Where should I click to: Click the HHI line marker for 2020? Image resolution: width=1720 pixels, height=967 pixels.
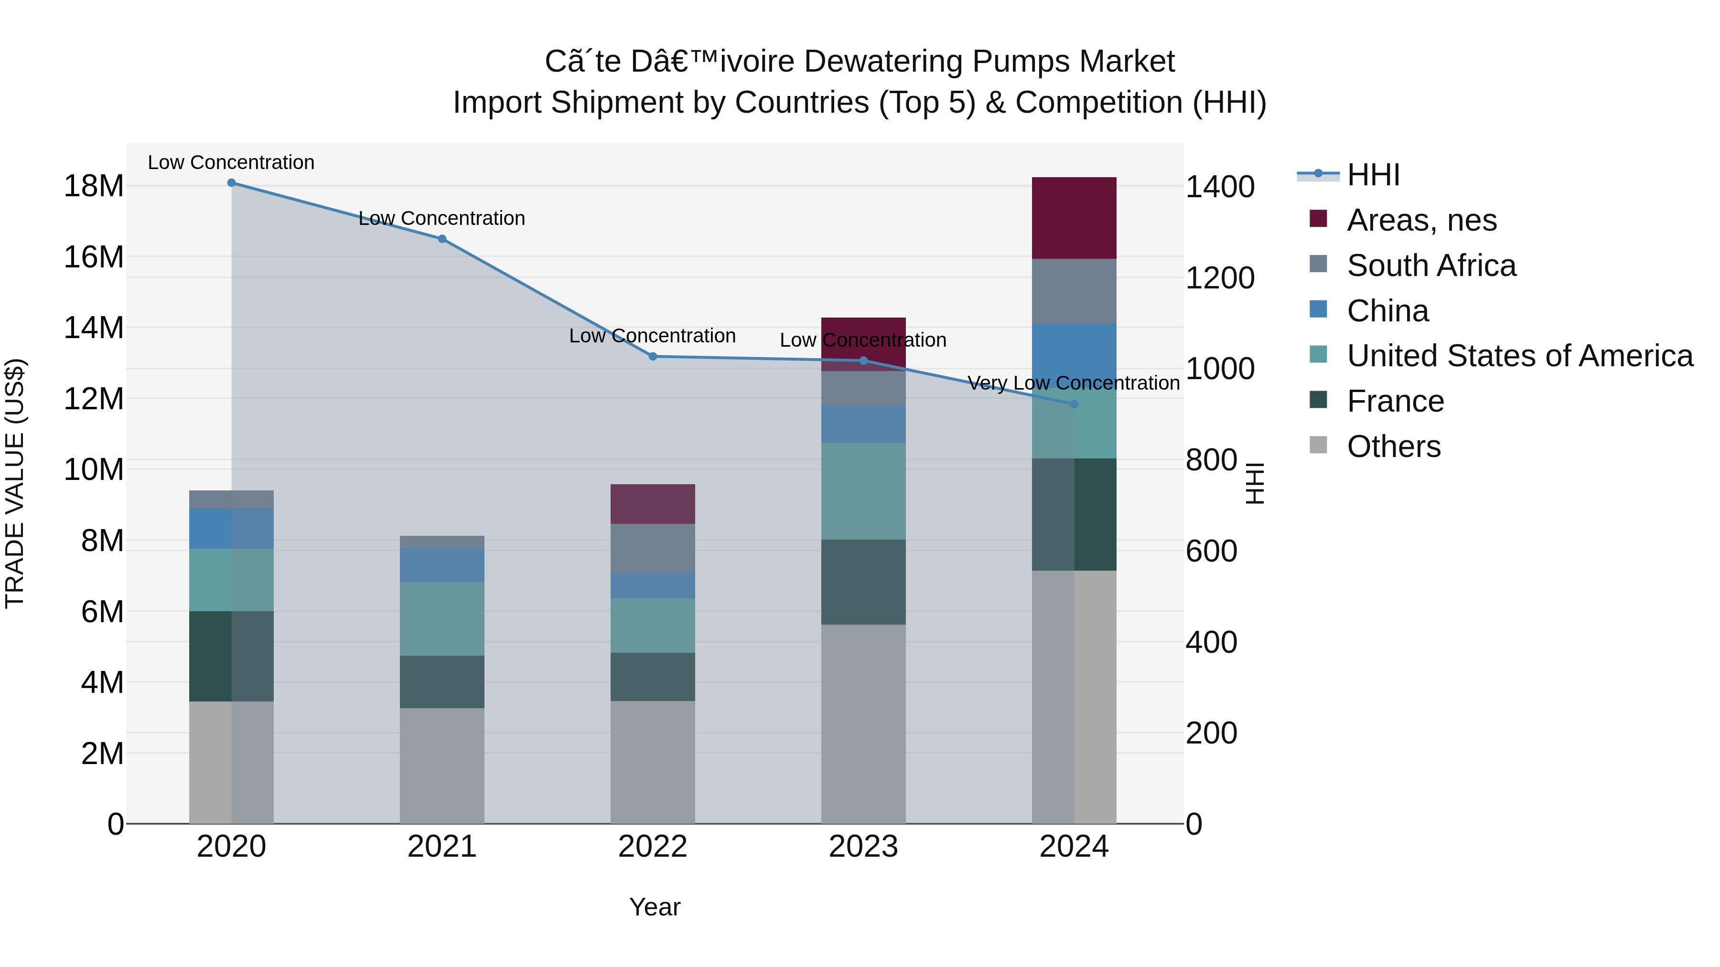(231, 183)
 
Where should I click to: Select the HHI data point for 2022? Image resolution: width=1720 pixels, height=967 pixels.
(653, 356)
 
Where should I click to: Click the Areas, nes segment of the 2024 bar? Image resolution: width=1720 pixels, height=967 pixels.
(1074, 218)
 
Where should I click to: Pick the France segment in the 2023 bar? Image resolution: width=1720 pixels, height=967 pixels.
(863, 582)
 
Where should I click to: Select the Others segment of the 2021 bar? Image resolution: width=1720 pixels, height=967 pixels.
(441, 765)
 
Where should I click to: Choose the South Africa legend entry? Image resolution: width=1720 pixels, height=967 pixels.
(1431, 266)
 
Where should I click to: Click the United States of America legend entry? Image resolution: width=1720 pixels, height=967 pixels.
(1519, 356)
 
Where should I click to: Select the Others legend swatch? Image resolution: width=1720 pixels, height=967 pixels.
(1318, 445)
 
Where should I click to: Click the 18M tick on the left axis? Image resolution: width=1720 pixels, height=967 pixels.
(94, 186)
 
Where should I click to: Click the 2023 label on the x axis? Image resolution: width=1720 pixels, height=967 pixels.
(863, 847)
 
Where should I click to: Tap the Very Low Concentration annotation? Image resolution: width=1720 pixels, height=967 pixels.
(1073, 383)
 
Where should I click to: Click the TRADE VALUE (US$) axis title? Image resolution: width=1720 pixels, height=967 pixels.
(15, 483)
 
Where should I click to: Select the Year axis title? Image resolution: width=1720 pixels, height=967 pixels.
(655, 907)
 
